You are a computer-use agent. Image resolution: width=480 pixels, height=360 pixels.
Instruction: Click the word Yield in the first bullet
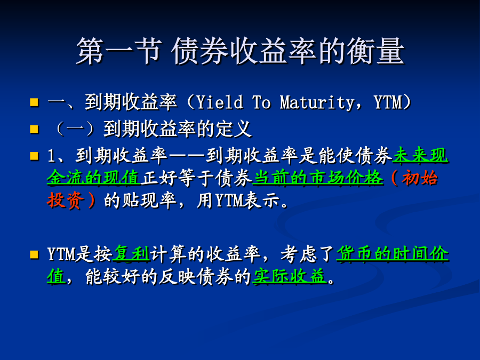[x=220, y=102]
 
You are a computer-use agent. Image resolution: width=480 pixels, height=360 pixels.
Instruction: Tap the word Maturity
[x=317, y=102]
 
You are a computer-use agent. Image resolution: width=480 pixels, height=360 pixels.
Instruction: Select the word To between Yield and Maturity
[x=261, y=102]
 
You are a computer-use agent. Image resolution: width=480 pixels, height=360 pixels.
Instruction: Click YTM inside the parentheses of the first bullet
[x=388, y=102]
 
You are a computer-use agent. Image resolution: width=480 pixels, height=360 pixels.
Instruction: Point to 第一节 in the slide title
[x=119, y=51]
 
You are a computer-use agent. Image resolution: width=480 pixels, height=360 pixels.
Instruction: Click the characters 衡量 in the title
[x=375, y=51]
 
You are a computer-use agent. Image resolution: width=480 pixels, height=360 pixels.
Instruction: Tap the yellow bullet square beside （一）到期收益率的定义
[x=34, y=129]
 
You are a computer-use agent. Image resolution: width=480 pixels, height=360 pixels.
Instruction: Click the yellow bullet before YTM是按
[x=34, y=254]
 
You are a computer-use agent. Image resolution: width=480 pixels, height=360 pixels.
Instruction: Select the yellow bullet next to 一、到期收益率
[x=34, y=102]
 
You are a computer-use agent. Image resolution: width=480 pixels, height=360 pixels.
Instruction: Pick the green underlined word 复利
[x=131, y=254]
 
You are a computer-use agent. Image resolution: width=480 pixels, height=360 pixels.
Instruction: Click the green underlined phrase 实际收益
[x=289, y=276]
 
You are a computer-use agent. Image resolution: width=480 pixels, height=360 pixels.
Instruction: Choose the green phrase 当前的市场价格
[x=318, y=178]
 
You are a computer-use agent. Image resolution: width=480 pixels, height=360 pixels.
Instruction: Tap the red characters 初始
[x=419, y=178]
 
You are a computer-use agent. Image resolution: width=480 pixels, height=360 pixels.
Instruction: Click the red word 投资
[x=65, y=201]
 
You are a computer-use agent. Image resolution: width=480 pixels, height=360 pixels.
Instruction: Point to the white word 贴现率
[x=149, y=201]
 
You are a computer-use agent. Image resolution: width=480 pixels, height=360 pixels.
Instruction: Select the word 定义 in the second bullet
[x=234, y=129]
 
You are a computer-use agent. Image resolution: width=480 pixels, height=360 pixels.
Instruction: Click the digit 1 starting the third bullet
[x=51, y=156]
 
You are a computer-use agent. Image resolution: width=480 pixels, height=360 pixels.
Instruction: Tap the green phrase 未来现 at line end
[x=421, y=155]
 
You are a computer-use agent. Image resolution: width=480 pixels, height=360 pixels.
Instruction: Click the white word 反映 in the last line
[x=177, y=276]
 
